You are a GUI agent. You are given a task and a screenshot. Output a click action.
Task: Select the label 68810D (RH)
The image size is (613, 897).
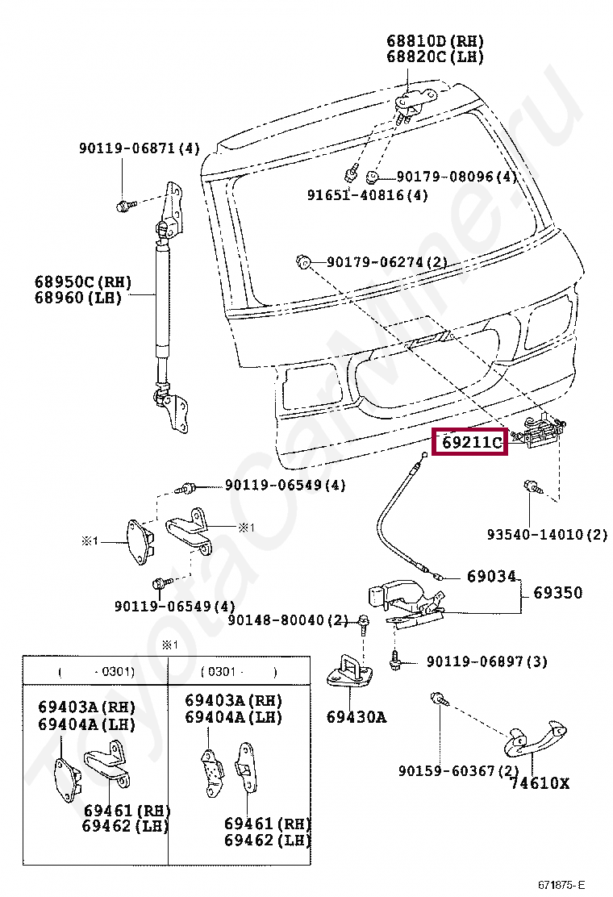coord(434,41)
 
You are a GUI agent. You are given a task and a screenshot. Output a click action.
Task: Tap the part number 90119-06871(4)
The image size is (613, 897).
coord(139,148)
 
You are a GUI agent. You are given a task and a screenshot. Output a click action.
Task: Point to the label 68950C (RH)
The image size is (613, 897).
coord(82,282)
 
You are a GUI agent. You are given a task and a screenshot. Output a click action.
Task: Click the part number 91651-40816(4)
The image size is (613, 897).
coord(367,195)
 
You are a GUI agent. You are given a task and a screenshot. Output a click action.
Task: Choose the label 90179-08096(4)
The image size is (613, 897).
coord(456,177)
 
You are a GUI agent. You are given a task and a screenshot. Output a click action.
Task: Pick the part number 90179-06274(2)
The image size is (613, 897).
coord(386,262)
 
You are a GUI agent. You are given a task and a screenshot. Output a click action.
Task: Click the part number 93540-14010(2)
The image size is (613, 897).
coord(547,535)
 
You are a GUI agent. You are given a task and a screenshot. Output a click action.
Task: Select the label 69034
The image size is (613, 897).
coord(490,577)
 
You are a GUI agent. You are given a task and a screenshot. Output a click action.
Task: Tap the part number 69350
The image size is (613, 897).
coord(557,593)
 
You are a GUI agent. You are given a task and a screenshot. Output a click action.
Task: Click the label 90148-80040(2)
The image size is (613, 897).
coord(287,620)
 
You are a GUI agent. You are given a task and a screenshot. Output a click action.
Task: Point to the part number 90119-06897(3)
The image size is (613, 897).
coord(486,661)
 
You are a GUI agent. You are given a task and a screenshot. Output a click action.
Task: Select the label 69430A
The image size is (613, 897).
coord(356,716)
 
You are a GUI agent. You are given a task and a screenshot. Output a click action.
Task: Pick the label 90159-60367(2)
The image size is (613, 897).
coord(458,771)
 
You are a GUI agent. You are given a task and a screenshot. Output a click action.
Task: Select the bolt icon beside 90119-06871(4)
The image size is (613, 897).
coord(123,206)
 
